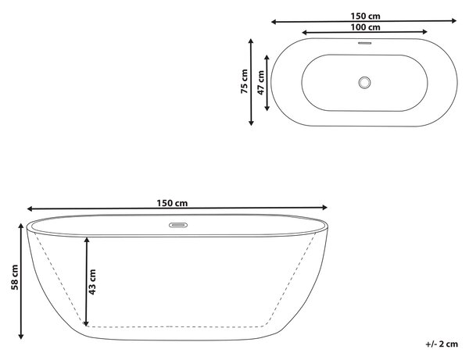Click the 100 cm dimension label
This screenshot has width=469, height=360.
pos(365,27)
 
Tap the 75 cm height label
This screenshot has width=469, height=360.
pos(245,81)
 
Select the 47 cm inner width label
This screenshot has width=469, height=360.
pos(261,83)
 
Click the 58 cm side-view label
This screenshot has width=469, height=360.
pos(15,277)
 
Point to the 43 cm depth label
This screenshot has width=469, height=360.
pos(92,282)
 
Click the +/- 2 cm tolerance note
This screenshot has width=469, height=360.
pos(442,344)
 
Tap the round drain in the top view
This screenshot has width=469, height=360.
pos(364,83)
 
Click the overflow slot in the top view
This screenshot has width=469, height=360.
pos(364,43)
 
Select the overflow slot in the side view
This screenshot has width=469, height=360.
pos(178,225)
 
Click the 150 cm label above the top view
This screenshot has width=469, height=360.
pos(365,16)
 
